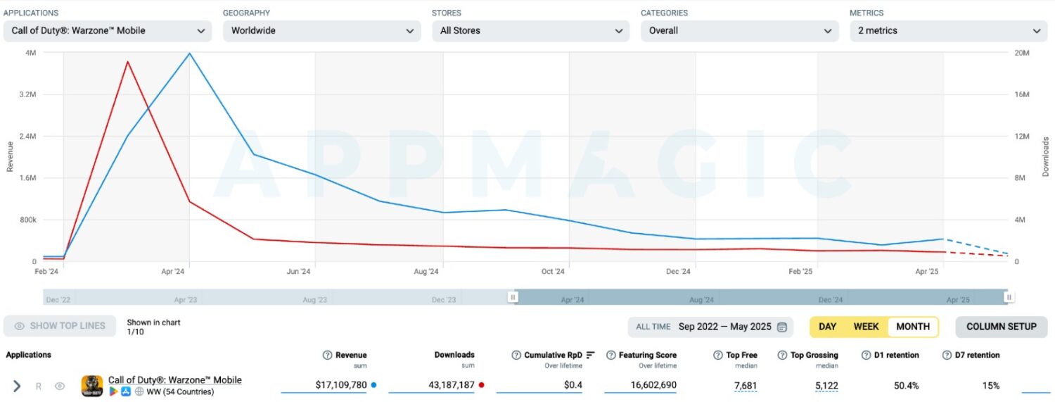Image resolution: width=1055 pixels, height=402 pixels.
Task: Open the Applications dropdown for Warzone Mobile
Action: [x=107, y=31]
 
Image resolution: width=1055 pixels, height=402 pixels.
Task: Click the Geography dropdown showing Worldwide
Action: [x=321, y=31]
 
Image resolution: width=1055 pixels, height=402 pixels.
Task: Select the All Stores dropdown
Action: [x=530, y=31]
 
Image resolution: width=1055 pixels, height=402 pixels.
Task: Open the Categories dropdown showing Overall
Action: [x=739, y=31]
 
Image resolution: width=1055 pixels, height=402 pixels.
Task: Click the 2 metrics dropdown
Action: [x=948, y=31]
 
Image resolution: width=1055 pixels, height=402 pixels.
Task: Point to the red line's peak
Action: [x=127, y=62]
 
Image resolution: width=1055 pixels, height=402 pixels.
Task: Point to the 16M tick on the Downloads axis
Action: [x=1021, y=94]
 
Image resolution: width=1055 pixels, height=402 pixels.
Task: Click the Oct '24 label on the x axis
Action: [x=553, y=272]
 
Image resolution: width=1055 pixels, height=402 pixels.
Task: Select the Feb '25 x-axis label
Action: [x=800, y=272]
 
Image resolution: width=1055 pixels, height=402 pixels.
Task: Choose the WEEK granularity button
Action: [x=866, y=327]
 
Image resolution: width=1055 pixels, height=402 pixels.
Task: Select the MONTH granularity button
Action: [x=912, y=327]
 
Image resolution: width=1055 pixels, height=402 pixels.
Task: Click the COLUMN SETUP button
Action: [x=1001, y=327]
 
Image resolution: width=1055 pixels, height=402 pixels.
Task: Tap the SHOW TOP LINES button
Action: [x=60, y=326]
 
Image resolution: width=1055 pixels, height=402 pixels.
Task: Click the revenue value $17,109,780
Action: [x=341, y=385]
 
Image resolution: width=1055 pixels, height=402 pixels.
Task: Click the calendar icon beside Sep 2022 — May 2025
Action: [x=781, y=327]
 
